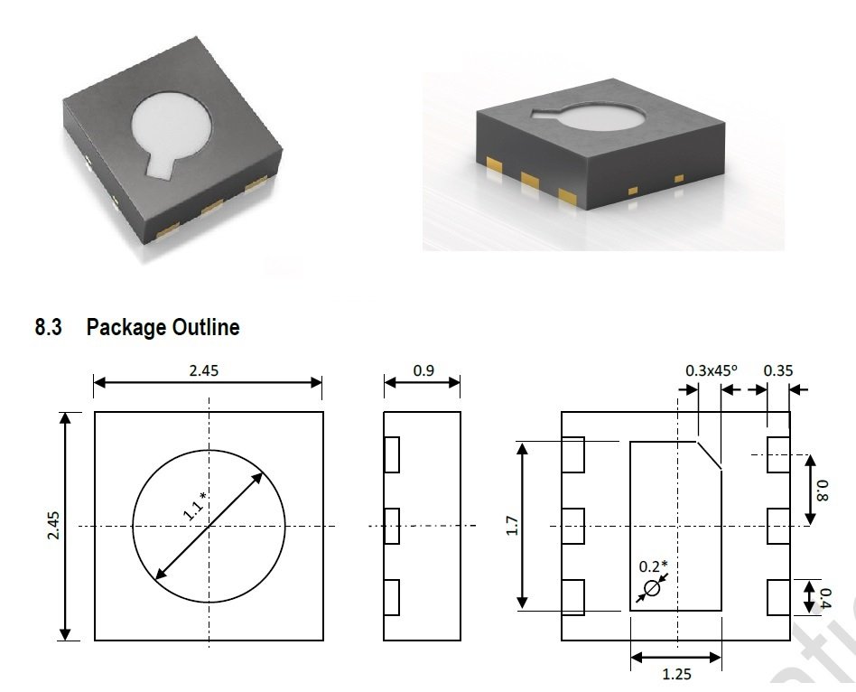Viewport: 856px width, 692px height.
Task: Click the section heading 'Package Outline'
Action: (163, 327)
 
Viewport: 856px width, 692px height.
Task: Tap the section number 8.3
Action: (48, 327)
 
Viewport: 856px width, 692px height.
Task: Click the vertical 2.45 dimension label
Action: (52, 526)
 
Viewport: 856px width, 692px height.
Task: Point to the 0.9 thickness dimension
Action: (423, 370)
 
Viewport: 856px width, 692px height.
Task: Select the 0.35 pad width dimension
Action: (778, 370)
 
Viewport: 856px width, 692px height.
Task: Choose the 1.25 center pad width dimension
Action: (675, 674)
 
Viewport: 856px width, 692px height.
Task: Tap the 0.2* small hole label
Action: (654, 566)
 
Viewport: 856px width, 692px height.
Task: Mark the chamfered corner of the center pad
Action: (710, 455)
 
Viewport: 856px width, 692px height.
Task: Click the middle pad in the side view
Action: (391, 526)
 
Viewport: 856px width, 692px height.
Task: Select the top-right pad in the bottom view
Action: (777, 454)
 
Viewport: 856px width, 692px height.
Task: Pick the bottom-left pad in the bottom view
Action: (572, 597)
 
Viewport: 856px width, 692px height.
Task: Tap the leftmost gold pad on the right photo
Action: (494, 166)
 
